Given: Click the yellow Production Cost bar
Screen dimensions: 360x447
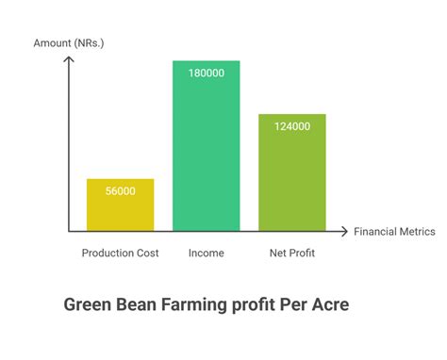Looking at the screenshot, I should click(x=120, y=205).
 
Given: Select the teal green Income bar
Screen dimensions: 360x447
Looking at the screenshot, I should click(x=206, y=146).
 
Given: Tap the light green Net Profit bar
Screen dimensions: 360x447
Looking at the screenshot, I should click(x=291, y=172).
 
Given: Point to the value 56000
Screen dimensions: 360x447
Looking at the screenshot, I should click(x=120, y=191).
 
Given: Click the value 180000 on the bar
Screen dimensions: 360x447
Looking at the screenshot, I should click(x=206, y=74).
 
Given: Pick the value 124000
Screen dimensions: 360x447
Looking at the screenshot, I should click(x=291, y=126).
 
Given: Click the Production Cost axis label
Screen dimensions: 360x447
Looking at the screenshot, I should click(x=120, y=253).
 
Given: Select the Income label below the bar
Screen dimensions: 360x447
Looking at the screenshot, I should click(x=206, y=253).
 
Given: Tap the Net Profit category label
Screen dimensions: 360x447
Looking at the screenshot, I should click(x=291, y=253).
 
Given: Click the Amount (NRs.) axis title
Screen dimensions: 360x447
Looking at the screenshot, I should click(x=70, y=43).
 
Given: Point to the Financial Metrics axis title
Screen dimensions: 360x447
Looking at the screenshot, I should click(x=394, y=231).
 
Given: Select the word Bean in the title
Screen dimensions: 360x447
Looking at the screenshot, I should click(x=138, y=305).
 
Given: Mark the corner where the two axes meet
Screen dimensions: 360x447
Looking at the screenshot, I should click(x=70, y=231).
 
